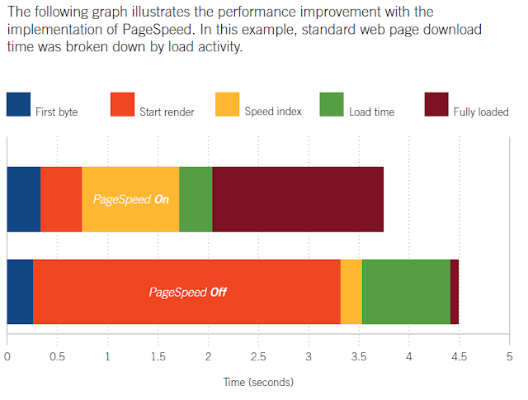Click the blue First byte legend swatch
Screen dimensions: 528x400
point(18,105)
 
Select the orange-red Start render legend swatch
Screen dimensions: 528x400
point(123,105)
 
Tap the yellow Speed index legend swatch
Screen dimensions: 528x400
point(228,105)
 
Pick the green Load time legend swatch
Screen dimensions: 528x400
point(332,105)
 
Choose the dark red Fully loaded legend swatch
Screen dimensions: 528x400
point(436,105)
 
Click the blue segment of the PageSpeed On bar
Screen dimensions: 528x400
point(24,199)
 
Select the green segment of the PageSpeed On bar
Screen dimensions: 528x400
point(196,199)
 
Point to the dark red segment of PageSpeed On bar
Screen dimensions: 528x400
point(298,199)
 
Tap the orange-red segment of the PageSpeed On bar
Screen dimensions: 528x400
point(61,199)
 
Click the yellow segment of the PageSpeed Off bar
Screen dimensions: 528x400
point(351,292)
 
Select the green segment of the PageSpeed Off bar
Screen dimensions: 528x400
point(407,292)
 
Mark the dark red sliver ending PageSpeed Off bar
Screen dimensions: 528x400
point(455,292)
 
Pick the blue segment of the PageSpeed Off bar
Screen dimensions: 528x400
point(20,292)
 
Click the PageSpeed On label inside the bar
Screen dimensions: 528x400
point(131,199)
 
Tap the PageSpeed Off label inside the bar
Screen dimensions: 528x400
point(188,292)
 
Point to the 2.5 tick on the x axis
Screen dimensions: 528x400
point(258,356)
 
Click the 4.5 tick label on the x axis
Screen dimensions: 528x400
point(459,356)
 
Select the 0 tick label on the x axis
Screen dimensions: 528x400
point(7,356)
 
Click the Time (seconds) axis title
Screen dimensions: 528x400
point(258,382)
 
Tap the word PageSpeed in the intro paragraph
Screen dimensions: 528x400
point(158,30)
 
